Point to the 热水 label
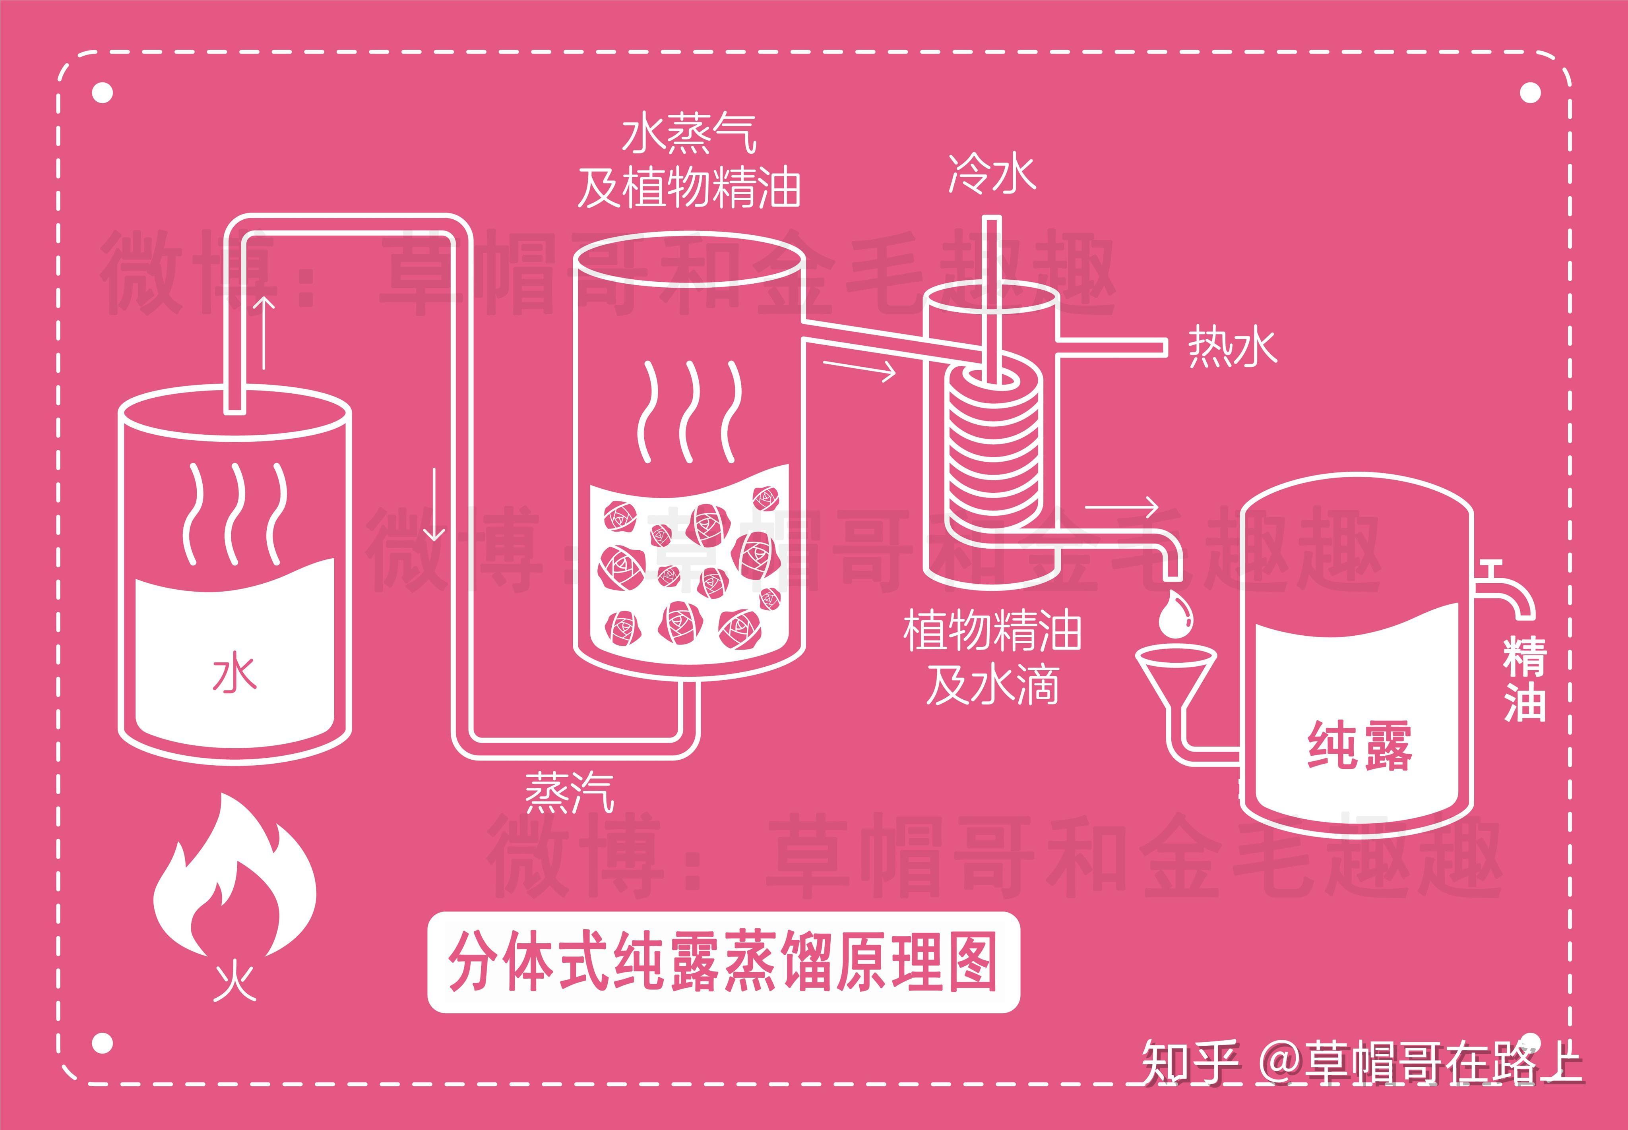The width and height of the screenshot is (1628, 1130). tap(1232, 347)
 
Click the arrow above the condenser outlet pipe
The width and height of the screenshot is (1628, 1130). tap(1121, 507)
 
